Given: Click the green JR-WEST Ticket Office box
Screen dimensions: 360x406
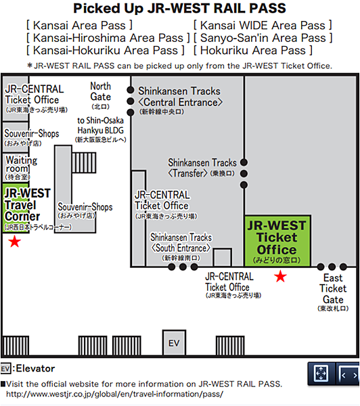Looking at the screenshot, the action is click(277, 241).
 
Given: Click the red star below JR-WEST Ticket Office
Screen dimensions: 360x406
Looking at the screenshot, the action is click(281, 276).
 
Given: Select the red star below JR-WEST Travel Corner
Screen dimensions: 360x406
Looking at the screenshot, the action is click(14, 242).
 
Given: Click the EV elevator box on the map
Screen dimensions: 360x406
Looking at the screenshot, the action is click(174, 342).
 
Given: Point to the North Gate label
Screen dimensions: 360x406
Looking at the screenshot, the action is click(101, 95).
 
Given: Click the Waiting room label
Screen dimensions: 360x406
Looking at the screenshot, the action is click(18, 168).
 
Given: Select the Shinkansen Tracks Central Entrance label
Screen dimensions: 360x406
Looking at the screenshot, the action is click(180, 100).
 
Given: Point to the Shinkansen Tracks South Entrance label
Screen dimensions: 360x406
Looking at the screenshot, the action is click(181, 246).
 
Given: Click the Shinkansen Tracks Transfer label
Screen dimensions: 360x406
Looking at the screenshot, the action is click(202, 168).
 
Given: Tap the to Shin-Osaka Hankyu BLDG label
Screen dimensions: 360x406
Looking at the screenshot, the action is click(101, 129).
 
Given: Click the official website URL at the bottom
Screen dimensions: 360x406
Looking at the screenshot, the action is click(114, 394).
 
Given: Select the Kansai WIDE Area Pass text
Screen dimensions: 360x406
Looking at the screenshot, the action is click(263, 26).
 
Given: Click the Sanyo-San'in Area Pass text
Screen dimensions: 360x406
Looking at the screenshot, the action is click(263, 38).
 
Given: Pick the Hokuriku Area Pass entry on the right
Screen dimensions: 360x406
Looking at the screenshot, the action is click(253, 50).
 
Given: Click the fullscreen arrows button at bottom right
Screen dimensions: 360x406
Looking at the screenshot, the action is click(321, 374).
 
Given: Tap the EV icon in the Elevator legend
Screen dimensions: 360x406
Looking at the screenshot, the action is click(5, 369).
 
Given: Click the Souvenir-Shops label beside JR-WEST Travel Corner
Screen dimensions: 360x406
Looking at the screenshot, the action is click(85, 210).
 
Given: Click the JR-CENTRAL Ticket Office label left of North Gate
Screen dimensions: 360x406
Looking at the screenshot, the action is click(36, 98).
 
